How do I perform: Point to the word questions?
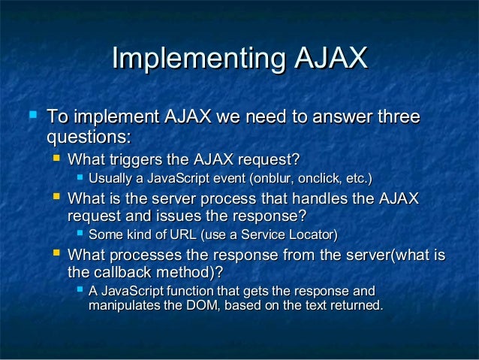[89, 138]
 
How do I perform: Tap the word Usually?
[110, 179]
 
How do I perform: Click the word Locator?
[312, 235]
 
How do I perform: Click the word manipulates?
[123, 305]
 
